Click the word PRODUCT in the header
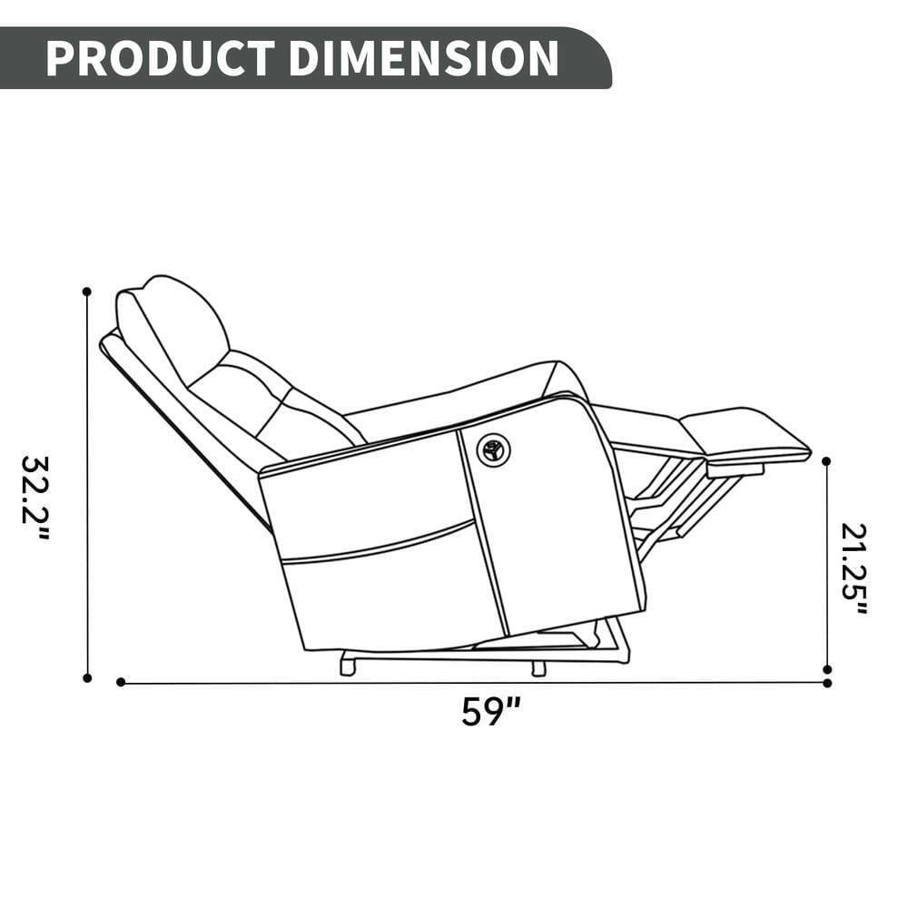[x=159, y=58]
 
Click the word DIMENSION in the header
[x=423, y=58]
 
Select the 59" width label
[x=490, y=710]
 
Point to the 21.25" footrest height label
[x=854, y=568]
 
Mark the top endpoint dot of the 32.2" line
[x=87, y=291]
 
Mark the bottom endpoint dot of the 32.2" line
[x=87, y=677]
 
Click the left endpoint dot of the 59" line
[x=121, y=682]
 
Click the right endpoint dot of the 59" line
[x=826, y=682]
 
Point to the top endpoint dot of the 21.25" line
[x=826, y=461]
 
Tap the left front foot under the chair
[x=347, y=666]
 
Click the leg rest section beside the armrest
[x=645, y=427]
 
